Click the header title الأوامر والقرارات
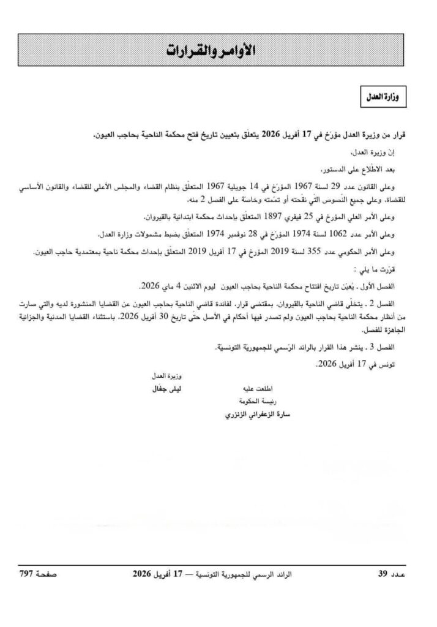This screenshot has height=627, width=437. click(x=219, y=51)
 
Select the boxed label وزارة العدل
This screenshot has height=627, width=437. click(x=386, y=97)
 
